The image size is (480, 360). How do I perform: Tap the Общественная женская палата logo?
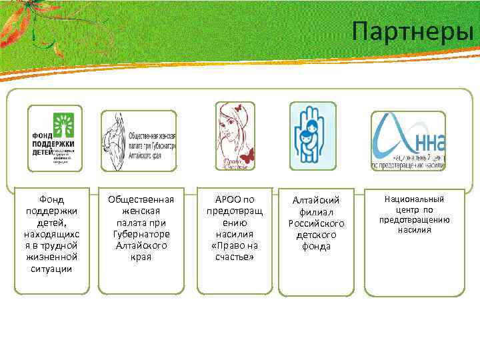[139, 141]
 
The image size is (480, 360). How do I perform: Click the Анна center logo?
[408, 141]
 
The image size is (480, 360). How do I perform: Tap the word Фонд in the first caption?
[52, 199]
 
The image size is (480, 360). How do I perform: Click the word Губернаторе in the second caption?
[140, 234]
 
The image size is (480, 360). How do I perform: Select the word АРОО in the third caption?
[227, 199]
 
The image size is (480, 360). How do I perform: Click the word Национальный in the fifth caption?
[415, 199]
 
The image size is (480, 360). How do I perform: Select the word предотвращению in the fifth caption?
[415, 219]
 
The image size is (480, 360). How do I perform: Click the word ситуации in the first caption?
[52, 269]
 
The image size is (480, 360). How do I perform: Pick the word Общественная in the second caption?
[140, 199]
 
